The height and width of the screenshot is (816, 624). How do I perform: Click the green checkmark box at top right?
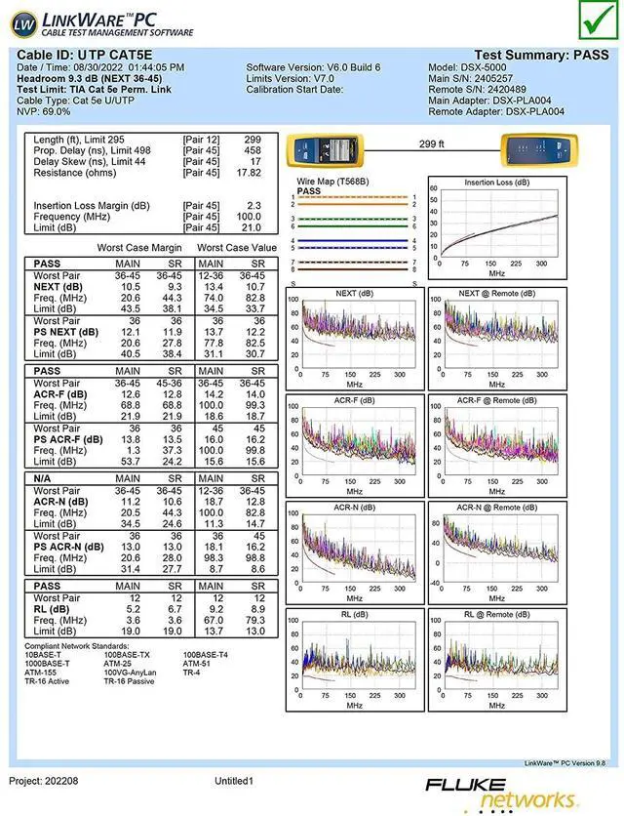(x=592, y=19)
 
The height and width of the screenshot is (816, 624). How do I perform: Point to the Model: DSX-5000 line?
(x=471, y=67)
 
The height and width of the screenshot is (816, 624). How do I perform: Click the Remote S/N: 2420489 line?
(x=478, y=89)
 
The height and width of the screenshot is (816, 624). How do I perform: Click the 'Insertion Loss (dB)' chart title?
(x=496, y=183)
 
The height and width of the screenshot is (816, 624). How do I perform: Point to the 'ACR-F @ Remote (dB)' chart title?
(x=496, y=400)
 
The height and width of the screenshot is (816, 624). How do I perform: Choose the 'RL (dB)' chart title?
(x=354, y=615)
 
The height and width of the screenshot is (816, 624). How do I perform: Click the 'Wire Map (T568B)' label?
(x=331, y=183)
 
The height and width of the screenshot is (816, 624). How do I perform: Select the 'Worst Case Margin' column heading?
(x=139, y=248)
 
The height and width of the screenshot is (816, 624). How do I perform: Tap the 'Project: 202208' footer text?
(x=45, y=782)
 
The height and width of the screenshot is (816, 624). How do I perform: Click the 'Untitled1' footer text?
(x=234, y=782)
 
